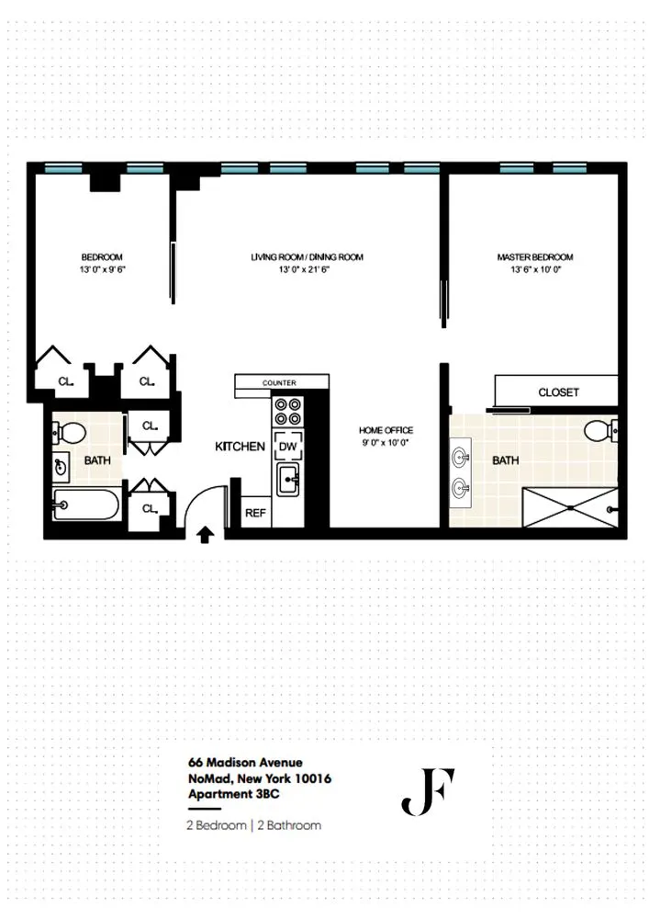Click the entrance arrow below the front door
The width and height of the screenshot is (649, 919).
tap(205, 532)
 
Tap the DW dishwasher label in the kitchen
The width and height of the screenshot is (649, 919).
tap(288, 446)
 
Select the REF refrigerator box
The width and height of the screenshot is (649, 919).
tap(254, 514)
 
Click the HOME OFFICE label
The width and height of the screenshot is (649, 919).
tap(386, 430)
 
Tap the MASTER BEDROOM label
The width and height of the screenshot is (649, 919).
tap(535, 257)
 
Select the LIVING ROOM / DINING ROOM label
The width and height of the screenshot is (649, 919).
tap(308, 257)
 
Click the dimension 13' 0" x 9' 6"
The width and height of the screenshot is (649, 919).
tap(102, 270)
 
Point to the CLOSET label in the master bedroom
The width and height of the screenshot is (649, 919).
tap(558, 392)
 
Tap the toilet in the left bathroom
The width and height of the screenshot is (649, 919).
tap(67, 432)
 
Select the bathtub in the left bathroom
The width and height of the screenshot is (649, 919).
tap(85, 505)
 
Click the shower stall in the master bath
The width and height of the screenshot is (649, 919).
tap(569, 506)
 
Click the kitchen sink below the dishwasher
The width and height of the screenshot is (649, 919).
tap(288, 477)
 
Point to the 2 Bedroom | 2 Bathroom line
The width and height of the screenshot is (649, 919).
tap(253, 825)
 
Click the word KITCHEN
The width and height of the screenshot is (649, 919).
tap(240, 447)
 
